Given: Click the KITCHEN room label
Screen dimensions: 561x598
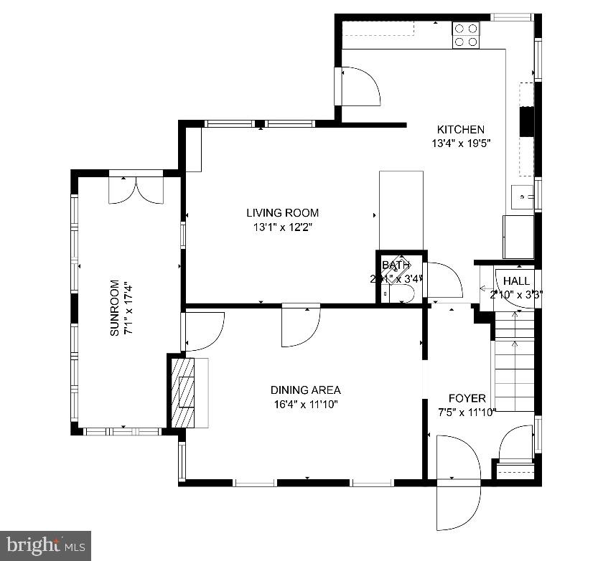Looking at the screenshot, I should coord(460,130).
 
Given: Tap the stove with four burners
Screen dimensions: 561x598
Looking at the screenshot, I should coord(465,35).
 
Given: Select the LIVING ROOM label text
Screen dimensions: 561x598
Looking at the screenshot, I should coord(282,213).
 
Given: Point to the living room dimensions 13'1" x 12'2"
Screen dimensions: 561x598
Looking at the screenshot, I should coord(282,227).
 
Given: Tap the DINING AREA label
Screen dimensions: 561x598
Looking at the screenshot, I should coord(305,390).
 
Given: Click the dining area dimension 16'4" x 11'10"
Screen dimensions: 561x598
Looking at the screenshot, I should coord(305,404).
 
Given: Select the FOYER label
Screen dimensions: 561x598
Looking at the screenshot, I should coord(467,398).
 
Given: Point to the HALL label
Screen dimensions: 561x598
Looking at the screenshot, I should coord(516,280).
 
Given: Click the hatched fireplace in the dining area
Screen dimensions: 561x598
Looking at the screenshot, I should coord(186,391).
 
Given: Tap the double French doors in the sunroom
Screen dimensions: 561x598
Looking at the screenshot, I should coord(136,188).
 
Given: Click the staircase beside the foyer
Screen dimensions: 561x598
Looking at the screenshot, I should coord(515,366).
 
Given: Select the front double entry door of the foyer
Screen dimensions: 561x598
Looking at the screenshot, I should coord(458,473).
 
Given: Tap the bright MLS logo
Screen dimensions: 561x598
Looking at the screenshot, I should coord(45,545).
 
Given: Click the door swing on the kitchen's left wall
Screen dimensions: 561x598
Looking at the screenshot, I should coord(360,86).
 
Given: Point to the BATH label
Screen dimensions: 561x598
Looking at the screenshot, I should coord(394,265).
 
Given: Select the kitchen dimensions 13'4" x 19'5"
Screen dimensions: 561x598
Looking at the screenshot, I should coord(460,143).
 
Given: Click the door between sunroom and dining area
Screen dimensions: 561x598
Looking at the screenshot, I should coord(204,331).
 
